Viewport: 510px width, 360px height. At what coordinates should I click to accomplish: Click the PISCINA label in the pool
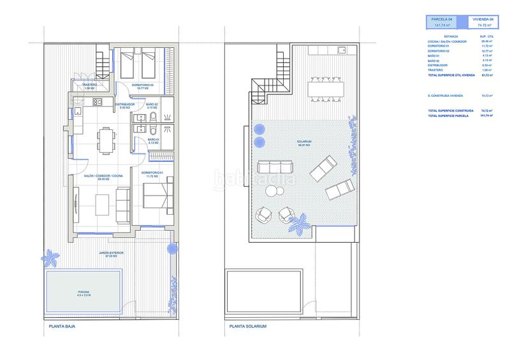80,294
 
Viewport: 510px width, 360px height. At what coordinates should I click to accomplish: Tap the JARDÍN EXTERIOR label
111,254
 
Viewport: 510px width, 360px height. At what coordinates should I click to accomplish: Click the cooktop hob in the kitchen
98,102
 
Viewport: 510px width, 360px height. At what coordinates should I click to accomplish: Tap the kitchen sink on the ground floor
76,112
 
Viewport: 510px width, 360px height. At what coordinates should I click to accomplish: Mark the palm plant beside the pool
50,258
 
